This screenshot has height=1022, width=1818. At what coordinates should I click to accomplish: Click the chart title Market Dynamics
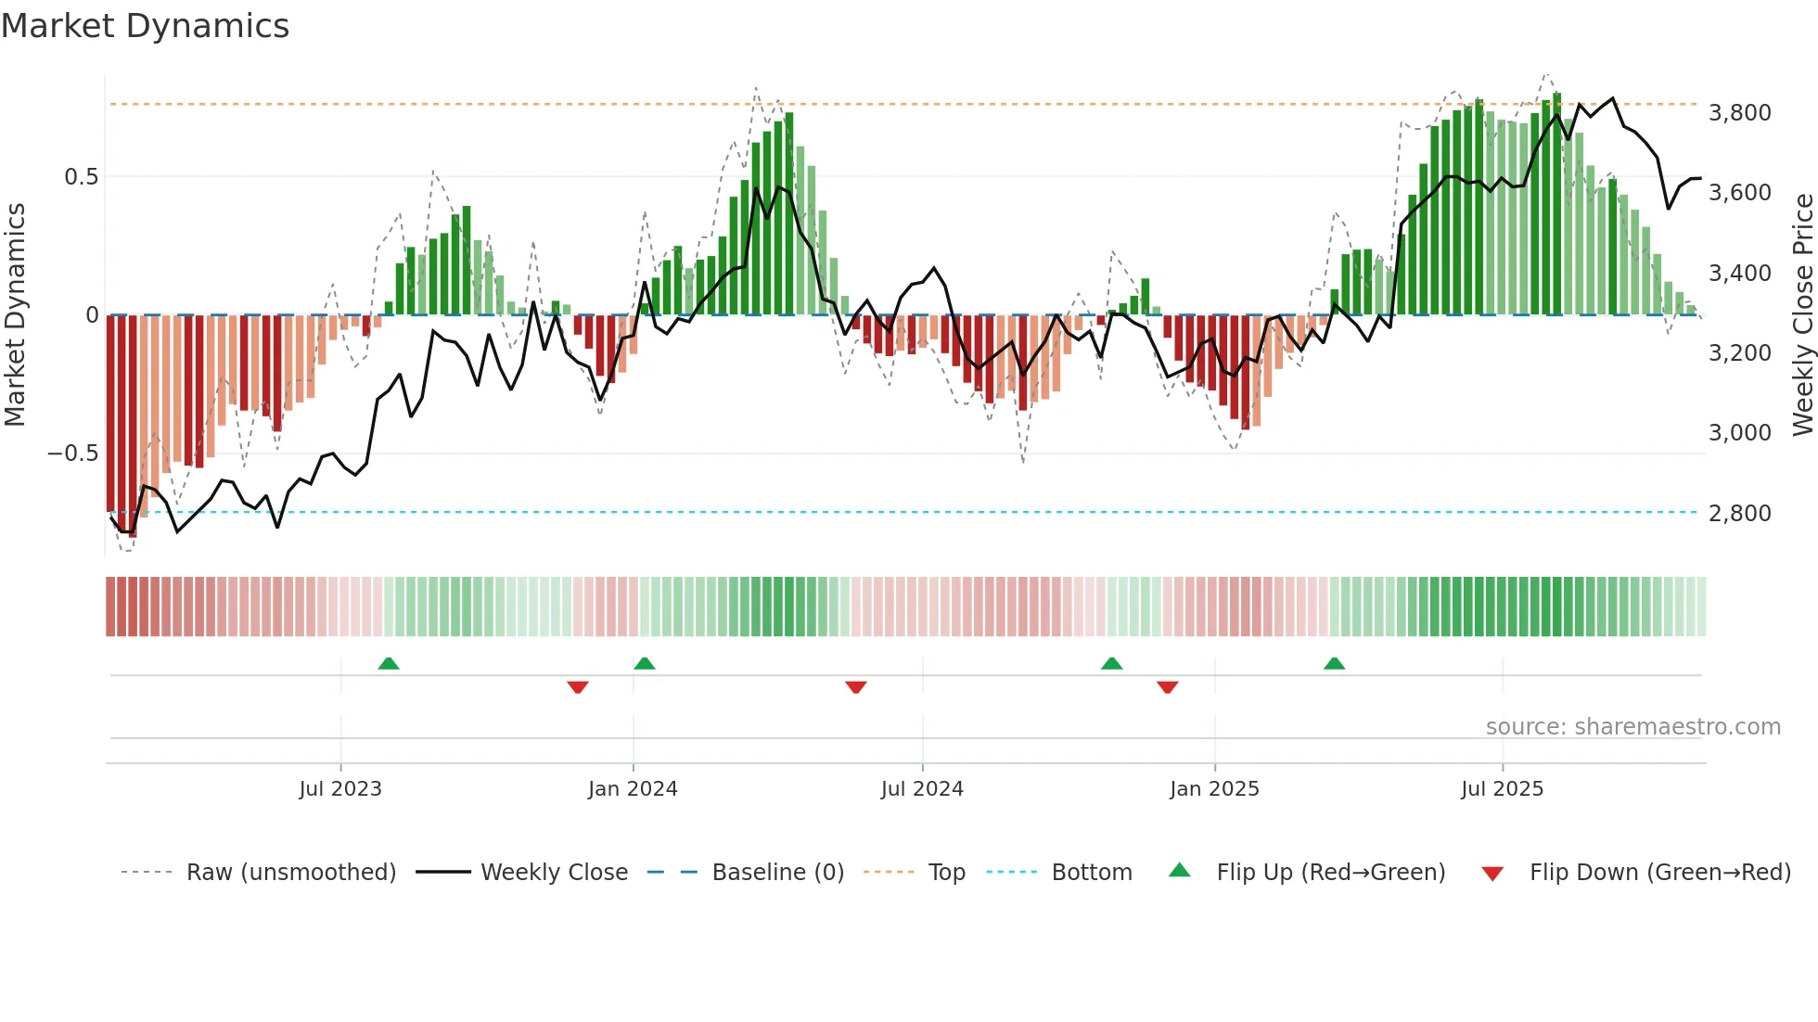click(145, 26)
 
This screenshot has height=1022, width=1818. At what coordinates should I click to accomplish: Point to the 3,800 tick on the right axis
click(1739, 113)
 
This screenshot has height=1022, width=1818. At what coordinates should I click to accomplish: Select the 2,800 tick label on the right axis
click(1739, 513)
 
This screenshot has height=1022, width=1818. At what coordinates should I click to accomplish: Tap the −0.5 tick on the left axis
click(72, 454)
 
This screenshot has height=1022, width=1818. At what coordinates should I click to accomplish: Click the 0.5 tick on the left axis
click(81, 177)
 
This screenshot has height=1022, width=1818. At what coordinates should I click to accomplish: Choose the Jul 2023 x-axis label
click(340, 789)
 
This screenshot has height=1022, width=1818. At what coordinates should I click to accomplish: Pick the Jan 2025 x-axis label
click(1214, 789)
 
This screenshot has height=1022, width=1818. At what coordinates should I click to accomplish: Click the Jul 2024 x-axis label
click(922, 789)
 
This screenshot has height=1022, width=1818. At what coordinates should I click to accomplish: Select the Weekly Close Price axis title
click(1802, 315)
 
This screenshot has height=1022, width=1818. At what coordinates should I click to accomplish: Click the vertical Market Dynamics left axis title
click(15, 315)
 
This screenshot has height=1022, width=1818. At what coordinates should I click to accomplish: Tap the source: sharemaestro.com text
click(1632, 727)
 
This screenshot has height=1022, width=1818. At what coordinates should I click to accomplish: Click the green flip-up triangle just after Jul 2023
click(389, 663)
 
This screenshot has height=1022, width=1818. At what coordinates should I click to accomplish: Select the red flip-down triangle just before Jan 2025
click(1168, 687)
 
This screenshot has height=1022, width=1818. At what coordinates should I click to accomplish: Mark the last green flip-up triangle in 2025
click(1334, 663)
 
